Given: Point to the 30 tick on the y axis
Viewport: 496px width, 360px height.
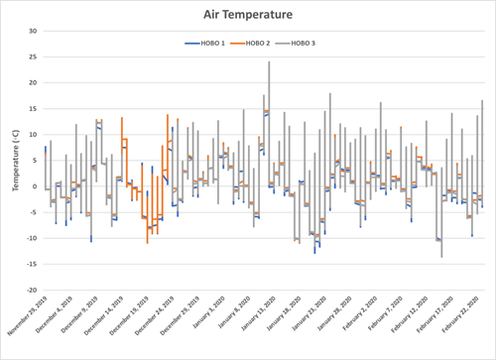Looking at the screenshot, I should coord(32,30).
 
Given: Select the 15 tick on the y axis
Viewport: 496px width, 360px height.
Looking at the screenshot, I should coord(32,108).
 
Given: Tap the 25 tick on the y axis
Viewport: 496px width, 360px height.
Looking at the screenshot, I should coord(32,57).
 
